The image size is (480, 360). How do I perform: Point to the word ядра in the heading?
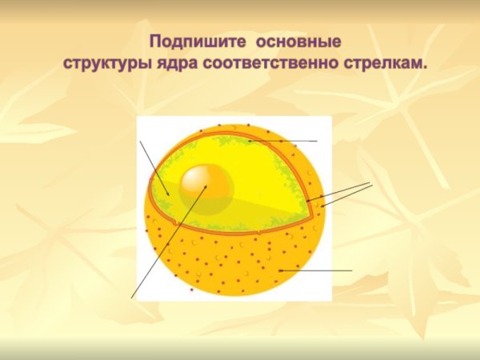coord(186,61)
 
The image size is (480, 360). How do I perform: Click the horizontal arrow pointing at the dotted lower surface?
coord(315,271)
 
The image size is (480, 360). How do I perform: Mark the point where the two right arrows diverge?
coord(372,184)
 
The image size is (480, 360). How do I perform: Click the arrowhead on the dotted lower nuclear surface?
coord(279,271)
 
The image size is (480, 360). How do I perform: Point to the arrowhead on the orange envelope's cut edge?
coord(308,199)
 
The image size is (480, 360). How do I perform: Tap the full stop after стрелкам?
coord(424,64)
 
